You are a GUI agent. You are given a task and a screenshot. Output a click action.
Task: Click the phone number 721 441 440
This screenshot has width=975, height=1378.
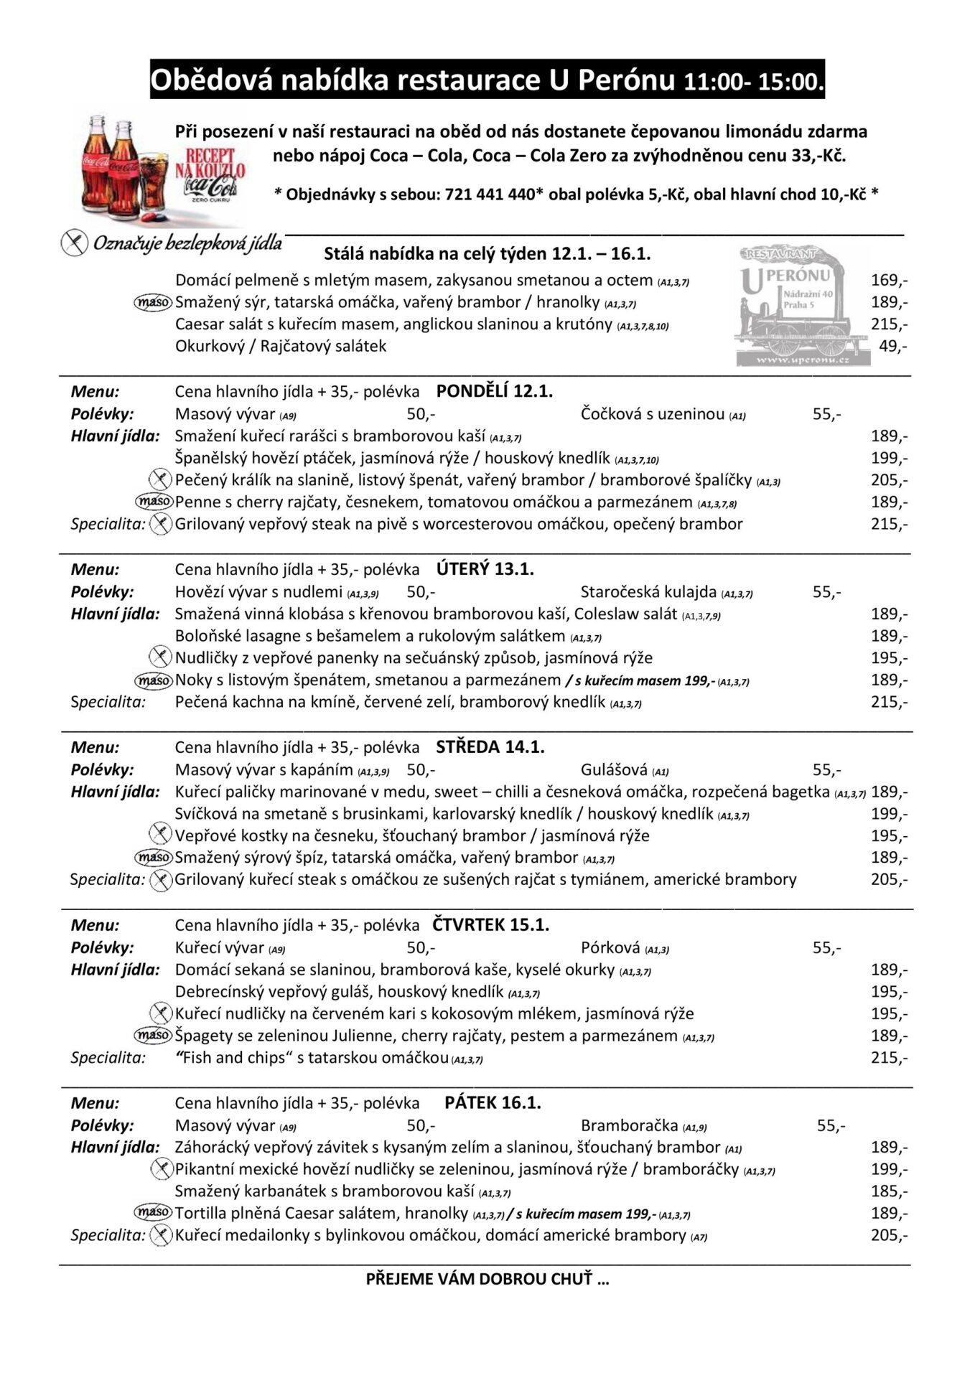tap(490, 194)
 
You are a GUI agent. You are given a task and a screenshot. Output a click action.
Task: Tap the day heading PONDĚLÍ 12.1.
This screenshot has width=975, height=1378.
tap(494, 391)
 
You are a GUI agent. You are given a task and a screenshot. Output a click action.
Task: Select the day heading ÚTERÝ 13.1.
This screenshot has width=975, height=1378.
tap(485, 569)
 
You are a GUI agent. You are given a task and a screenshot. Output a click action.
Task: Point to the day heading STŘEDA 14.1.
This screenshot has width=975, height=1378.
tap(490, 747)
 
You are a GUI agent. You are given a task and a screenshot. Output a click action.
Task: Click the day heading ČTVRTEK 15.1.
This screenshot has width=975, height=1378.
tap(490, 925)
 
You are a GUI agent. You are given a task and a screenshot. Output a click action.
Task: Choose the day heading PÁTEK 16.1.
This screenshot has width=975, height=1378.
tap(493, 1103)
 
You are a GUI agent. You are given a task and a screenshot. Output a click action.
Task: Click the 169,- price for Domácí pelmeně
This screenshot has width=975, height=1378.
tap(889, 280)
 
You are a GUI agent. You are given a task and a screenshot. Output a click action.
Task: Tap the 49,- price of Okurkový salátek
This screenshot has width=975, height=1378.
tap(892, 346)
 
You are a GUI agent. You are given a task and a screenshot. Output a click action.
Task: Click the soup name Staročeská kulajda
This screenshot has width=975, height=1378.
tap(648, 592)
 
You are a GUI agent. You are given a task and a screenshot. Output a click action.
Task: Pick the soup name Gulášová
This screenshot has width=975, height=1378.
tap(614, 770)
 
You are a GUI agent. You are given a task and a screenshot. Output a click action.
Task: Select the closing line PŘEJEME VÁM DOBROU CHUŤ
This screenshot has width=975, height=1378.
tap(487, 1279)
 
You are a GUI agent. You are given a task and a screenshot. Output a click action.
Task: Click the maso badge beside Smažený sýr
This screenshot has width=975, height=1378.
tap(154, 303)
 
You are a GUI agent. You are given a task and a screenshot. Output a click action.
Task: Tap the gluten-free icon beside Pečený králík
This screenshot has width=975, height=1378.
tap(159, 479)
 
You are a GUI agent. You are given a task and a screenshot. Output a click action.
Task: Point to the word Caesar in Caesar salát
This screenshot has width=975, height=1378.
tap(198, 324)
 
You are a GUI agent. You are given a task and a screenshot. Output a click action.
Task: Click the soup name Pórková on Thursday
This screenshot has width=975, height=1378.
tap(610, 948)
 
